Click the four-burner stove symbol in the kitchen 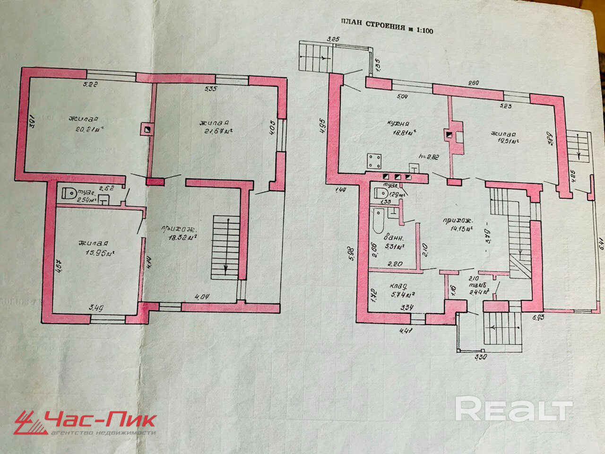[x=376, y=161]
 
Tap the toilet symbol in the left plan [x=69, y=194]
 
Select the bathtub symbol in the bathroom [x=378, y=223]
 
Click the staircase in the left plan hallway [x=225, y=246]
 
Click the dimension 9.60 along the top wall [x=473, y=83]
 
